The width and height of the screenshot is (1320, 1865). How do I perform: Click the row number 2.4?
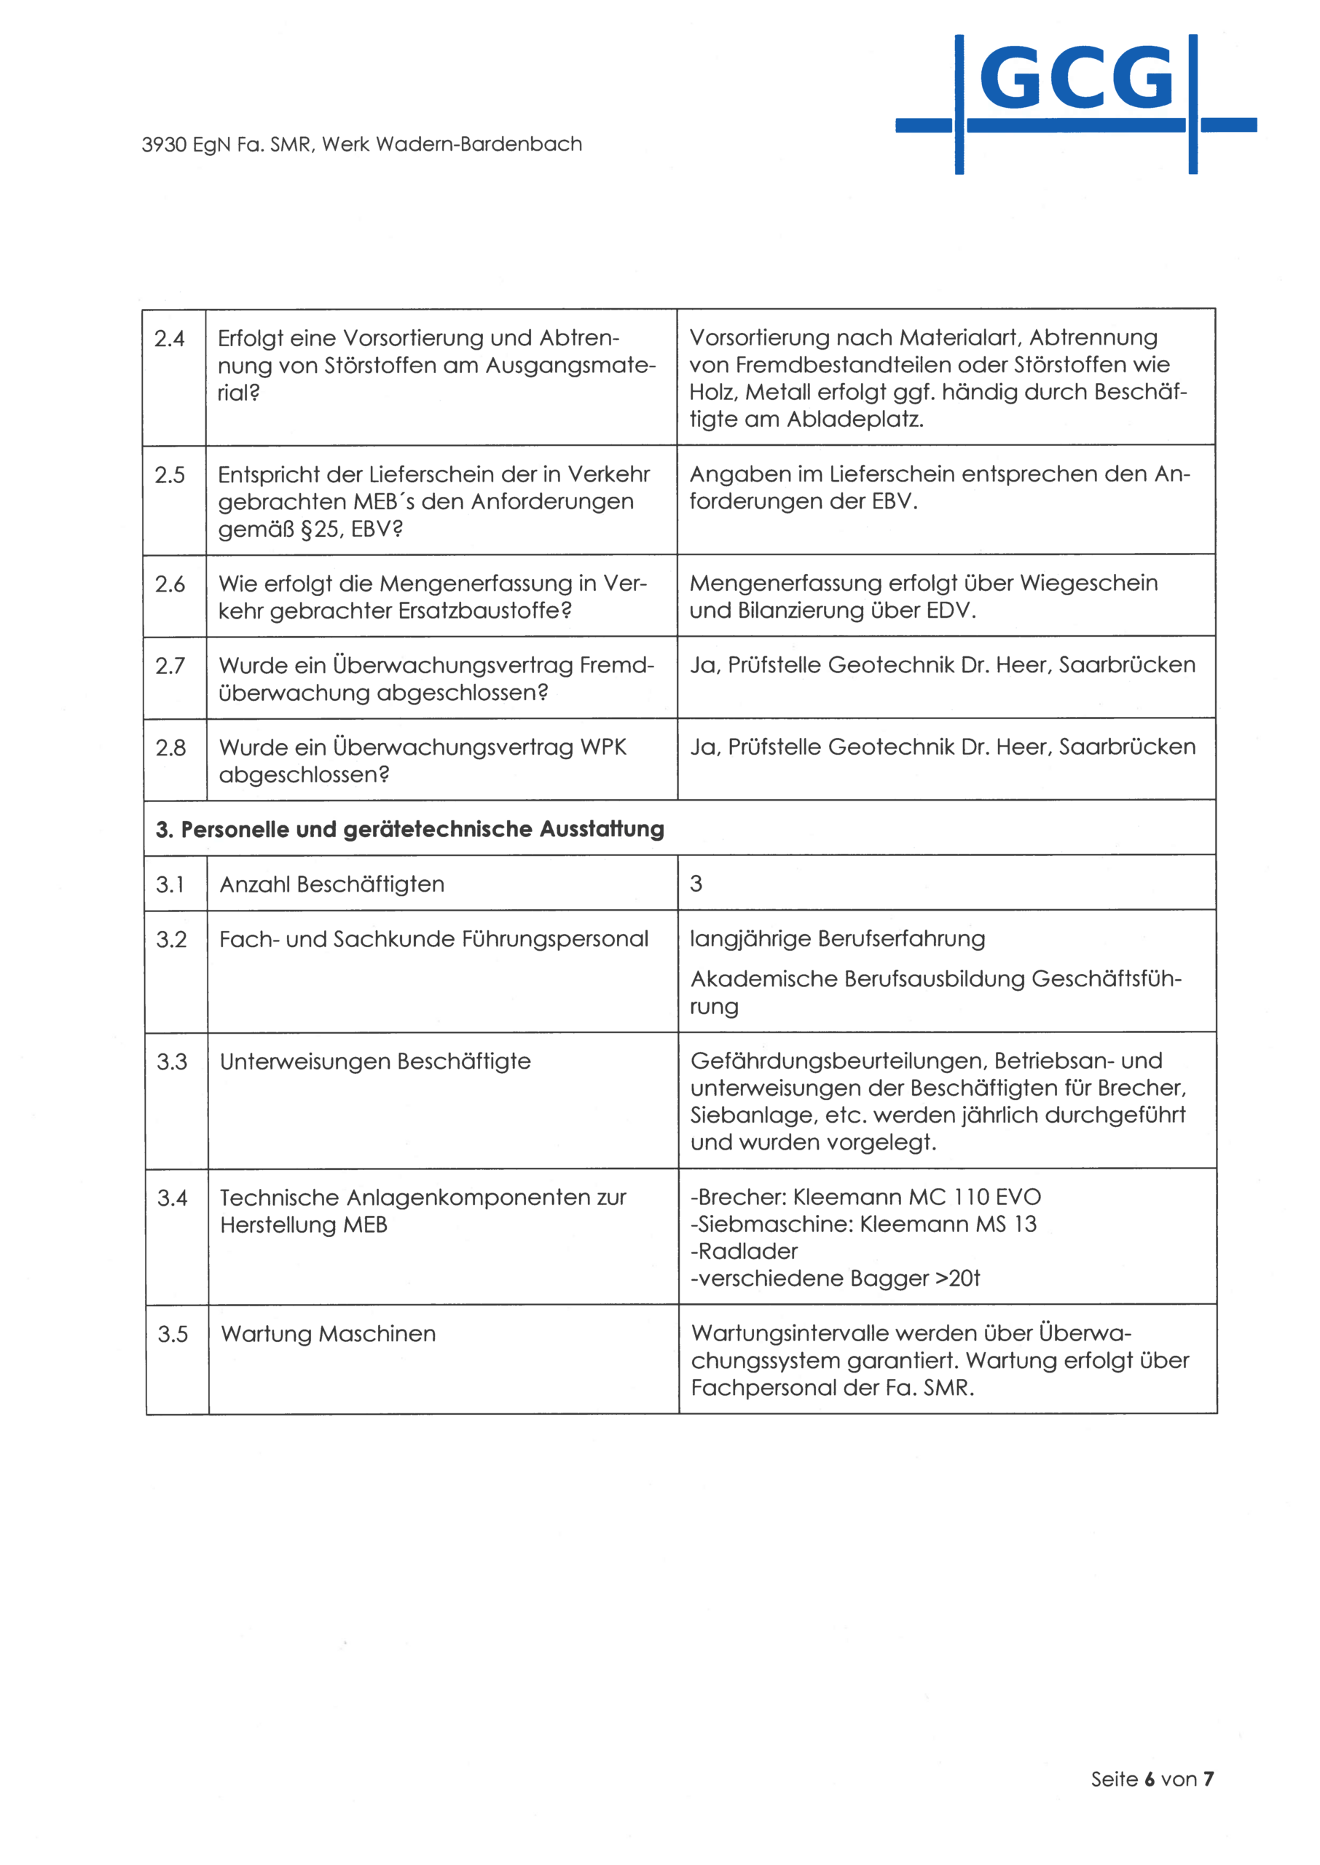(x=170, y=338)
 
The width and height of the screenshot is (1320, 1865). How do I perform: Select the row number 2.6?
(x=170, y=584)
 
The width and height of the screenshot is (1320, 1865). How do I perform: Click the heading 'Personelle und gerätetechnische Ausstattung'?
(x=409, y=829)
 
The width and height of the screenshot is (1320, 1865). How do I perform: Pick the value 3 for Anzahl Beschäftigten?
(x=696, y=884)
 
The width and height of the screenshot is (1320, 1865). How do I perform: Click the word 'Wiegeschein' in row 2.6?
(x=1088, y=583)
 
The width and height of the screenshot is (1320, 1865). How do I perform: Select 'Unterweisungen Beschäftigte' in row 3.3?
(x=374, y=1061)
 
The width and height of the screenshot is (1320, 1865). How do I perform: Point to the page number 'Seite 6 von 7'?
(x=1152, y=1779)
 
